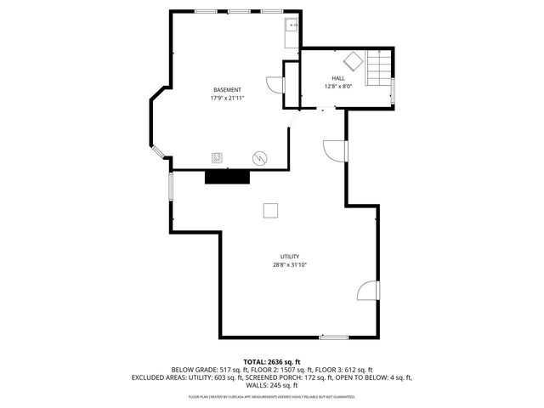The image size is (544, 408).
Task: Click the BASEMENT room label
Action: (x=227, y=90)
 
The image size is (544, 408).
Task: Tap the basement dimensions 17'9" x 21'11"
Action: (x=227, y=99)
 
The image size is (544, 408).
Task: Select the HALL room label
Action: (x=338, y=78)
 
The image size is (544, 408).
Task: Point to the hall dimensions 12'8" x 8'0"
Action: (x=338, y=87)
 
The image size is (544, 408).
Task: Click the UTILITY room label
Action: (x=290, y=256)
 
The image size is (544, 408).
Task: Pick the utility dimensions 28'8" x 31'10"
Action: (x=290, y=265)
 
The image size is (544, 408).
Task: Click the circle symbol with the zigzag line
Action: (x=259, y=158)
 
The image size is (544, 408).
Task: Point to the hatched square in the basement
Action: (x=218, y=158)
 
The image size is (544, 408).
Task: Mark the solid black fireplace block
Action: (x=227, y=176)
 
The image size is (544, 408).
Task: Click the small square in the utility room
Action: (x=271, y=211)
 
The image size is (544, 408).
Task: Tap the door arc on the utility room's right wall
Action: (x=367, y=291)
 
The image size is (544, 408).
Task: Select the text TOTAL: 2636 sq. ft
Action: (x=272, y=361)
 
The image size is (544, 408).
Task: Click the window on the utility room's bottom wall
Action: (x=334, y=338)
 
